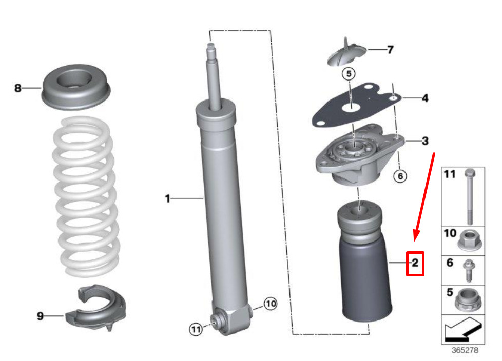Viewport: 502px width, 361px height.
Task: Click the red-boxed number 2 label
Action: (x=415, y=263)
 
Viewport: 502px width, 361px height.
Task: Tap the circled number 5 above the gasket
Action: (x=349, y=74)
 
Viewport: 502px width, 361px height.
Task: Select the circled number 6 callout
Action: (x=400, y=176)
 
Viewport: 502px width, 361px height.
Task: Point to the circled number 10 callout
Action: (x=271, y=304)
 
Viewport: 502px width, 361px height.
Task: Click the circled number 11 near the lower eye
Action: (x=196, y=329)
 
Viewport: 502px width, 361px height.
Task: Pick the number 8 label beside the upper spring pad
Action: (x=18, y=88)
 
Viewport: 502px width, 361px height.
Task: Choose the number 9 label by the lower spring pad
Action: (x=40, y=316)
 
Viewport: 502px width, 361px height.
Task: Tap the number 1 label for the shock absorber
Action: (x=167, y=198)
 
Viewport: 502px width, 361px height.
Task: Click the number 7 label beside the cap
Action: (x=390, y=50)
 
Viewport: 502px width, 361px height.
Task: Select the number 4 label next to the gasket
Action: (x=425, y=98)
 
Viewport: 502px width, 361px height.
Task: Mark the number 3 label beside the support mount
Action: (x=425, y=141)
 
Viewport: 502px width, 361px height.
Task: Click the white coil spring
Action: (x=86, y=196)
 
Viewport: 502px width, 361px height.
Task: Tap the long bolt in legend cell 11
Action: (x=470, y=196)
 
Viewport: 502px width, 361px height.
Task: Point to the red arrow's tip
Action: (x=415, y=242)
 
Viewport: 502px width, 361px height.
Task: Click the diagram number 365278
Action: (x=465, y=350)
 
